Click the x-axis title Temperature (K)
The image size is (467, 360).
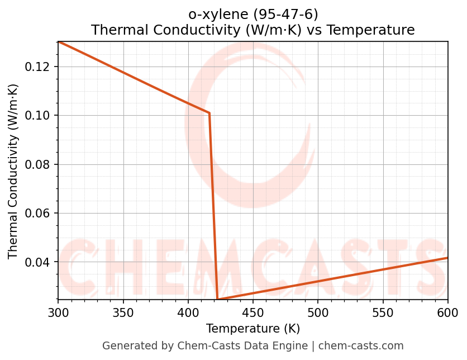click(x=252, y=328)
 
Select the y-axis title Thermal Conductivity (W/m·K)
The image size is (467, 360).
click(x=13, y=171)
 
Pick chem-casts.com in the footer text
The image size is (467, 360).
click(x=361, y=346)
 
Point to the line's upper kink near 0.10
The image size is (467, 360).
click(x=209, y=113)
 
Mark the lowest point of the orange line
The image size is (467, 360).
click(x=218, y=299)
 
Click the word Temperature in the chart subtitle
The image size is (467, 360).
click(x=370, y=30)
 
